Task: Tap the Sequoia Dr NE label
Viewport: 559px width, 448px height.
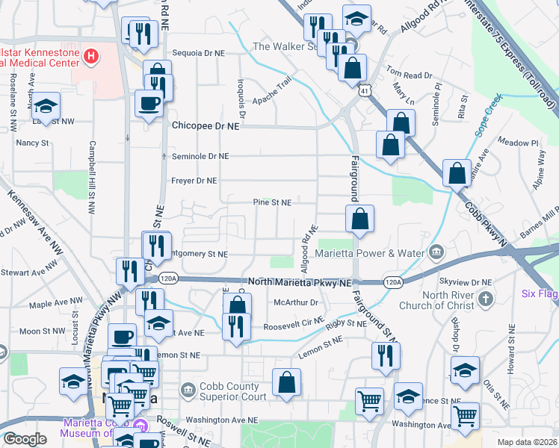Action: (199, 53)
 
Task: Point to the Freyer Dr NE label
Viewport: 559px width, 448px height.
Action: (194, 181)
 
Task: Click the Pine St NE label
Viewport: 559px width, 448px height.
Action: (273, 202)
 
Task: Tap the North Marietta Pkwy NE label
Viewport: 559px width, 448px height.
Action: (299, 283)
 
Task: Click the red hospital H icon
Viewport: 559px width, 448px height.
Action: (90, 55)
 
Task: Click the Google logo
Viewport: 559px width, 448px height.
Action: (25, 439)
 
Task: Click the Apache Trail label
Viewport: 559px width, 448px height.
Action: (271, 93)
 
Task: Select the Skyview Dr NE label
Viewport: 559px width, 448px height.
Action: (466, 282)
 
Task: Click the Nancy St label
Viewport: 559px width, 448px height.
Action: (32, 142)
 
